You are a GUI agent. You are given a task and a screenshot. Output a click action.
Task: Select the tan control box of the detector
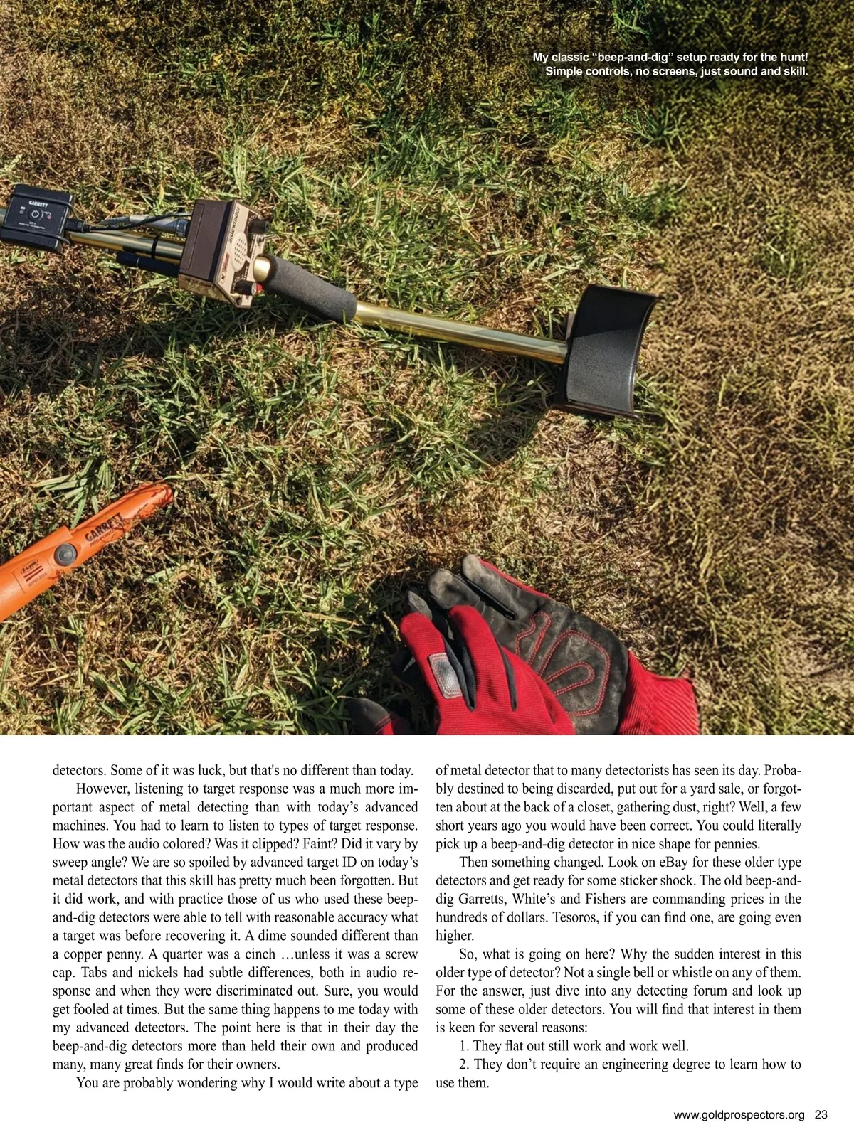tap(224, 252)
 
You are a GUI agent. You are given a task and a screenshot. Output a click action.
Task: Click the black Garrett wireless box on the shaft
tap(36, 217)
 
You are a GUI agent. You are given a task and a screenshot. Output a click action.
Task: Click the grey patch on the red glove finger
tap(447, 674)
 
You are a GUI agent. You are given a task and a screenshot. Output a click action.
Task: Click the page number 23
tap(821, 1115)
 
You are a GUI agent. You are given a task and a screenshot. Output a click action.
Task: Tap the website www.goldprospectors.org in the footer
tap(739, 1115)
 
